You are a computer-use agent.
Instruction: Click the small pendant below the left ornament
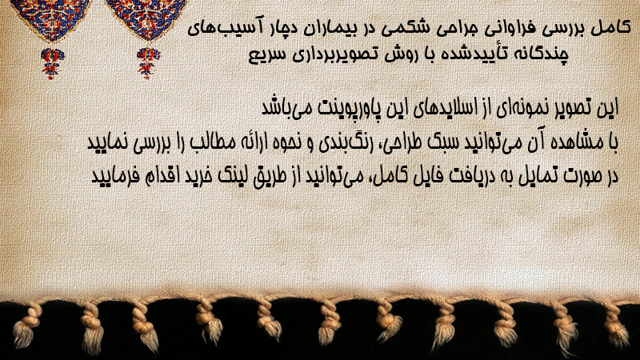[52, 63]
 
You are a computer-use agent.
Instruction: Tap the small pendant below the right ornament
[148, 63]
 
